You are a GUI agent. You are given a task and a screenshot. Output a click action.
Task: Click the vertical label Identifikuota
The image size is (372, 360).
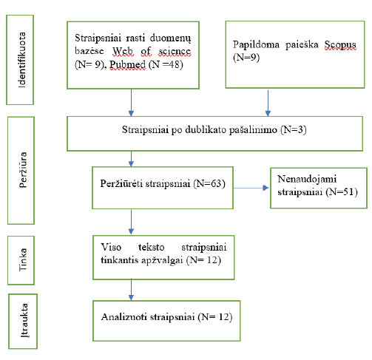pyautogui.click(x=22, y=60)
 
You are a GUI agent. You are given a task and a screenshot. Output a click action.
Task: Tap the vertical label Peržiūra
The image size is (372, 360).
pyautogui.click(x=23, y=170)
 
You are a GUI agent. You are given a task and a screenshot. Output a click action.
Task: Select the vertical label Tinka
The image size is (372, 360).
pyautogui.click(x=23, y=259)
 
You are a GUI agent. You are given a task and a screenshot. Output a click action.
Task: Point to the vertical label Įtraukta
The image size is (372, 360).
pyautogui.click(x=24, y=320)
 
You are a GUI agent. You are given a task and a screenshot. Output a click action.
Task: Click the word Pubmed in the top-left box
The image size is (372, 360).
pyautogui.click(x=127, y=64)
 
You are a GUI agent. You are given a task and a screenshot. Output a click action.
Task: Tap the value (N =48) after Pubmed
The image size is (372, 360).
pyautogui.click(x=166, y=64)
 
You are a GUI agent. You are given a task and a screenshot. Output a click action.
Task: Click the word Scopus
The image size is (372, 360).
pyautogui.click(x=340, y=44)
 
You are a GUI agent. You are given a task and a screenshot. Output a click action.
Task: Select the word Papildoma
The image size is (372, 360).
pyautogui.click(x=256, y=44)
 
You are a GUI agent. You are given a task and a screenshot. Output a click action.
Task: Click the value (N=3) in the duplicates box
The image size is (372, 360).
pyautogui.click(x=294, y=129)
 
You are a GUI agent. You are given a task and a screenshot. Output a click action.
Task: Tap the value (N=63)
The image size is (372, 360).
pyautogui.click(x=209, y=183)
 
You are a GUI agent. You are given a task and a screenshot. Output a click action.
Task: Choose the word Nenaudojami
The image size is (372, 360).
pyautogui.click(x=307, y=179)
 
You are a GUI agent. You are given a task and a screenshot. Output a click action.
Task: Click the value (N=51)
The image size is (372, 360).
pyautogui.click(x=342, y=192)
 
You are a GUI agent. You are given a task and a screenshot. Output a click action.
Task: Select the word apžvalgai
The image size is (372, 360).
pyautogui.click(x=162, y=260)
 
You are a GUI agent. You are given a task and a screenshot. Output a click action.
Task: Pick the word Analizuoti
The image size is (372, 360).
pyautogui.click(x=124, y=317)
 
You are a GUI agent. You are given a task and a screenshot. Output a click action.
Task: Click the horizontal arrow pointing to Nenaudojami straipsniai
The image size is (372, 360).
pyautogui.click(x=251, y=188)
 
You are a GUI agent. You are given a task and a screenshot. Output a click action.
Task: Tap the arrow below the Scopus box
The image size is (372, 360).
pyautogui.click(x=268, y=103)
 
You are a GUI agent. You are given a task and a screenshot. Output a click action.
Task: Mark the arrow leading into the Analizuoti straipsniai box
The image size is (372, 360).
pyautogui.click(x=131, y=290)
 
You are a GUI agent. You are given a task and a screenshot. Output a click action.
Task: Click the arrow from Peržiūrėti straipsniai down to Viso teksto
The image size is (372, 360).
pyautogui.click(x=131, y=222)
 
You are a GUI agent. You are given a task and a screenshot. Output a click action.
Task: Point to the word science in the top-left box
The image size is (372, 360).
pyautogui.click(x=175, y=51)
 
